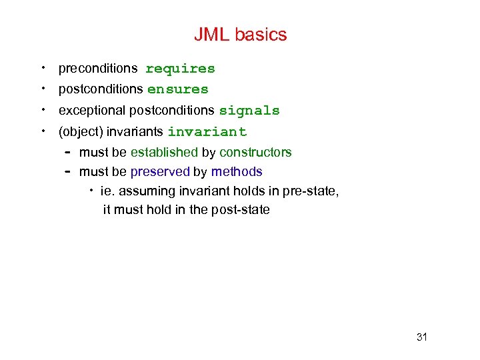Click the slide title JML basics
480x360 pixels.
[x=240, y=35]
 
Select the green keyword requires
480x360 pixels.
[x=180, y=69]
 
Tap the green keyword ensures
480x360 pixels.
[x=177, y=89]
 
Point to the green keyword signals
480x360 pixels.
[x=249, y=111]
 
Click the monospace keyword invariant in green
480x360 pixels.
[x=207, y=132]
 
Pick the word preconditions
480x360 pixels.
[x=98, y=69]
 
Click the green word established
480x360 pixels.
[x=164, y=153]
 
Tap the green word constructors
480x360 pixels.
[x=255, y=153]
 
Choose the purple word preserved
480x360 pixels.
[x=160, y=172]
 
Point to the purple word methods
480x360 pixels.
[x=237, y=172]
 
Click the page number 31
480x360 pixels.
[x=421, y=337]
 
